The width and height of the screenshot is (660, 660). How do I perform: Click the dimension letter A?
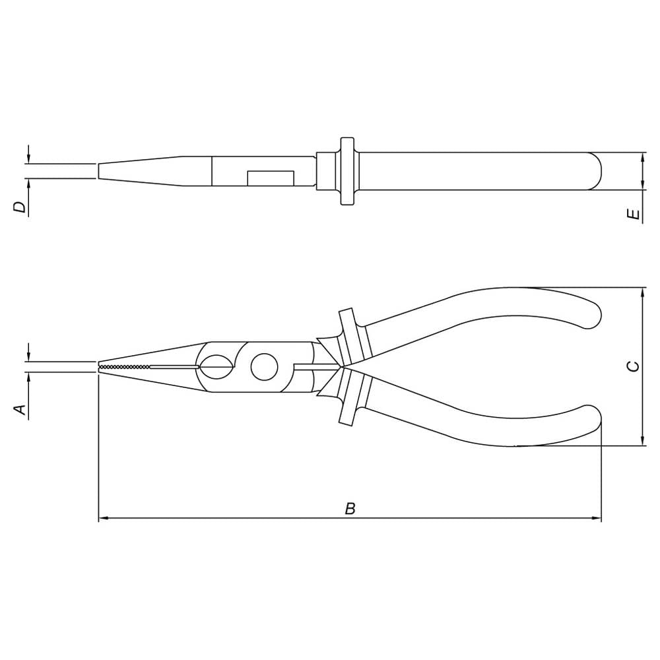coord(20,409)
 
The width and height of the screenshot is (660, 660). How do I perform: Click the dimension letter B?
coord(350,508)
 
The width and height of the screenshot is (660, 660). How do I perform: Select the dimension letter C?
coord(633,366)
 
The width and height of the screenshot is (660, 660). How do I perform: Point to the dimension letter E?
coord(633,214)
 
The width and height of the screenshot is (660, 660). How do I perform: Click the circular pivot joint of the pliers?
coord(265,366)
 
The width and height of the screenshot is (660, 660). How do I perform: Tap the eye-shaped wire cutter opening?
coord(216,367)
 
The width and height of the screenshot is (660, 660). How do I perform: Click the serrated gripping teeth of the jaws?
coord(124,367)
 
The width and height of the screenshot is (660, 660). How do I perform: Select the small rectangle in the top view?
coord(270,178)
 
